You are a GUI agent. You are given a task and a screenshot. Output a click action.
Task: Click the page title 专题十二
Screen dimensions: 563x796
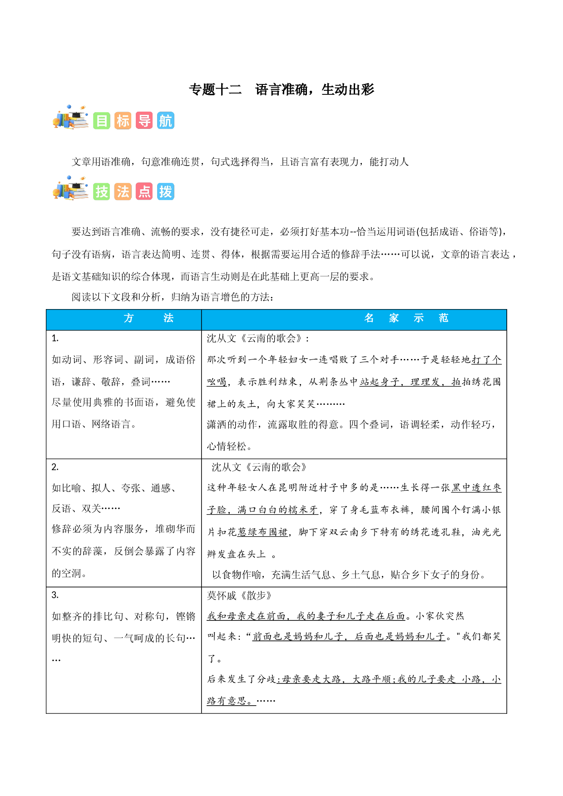pyautogui.click(x=215, y=89)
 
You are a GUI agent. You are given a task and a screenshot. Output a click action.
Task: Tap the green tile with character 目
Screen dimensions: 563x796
pyautogui.click(x=102, y=121)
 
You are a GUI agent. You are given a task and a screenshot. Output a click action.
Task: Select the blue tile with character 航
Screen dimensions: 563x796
pyautogui.click(x=166, y=121)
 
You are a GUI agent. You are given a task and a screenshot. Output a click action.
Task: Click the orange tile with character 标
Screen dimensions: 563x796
pyautogui.click(x=123, y=121)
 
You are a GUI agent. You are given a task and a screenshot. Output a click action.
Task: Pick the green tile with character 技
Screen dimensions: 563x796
pyautogui.click(x=102, y=192)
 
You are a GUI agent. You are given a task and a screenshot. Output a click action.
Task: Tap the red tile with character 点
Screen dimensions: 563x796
pyautogui.click(x=144, y=192)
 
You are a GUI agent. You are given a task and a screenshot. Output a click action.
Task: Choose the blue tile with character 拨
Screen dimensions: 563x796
pyautogui.click(x=166, y=192)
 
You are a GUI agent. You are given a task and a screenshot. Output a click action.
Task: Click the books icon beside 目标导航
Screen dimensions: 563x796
pyautogui.click(x=70, y=118)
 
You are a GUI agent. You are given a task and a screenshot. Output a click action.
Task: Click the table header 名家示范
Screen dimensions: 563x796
pyautogui.click(x=406, y=318)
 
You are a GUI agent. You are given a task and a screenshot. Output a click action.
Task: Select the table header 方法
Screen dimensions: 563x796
pyautogui.click(x=148, y=318)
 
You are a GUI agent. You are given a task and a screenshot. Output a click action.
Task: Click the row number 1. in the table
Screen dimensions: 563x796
pyautogui.click(x=55, y=338)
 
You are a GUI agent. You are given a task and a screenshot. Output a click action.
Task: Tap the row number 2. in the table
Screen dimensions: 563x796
pyautogui.click(x=55, y=467)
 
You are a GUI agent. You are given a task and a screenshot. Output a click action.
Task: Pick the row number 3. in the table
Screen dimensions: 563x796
pyautogui.click(x=55, y=595)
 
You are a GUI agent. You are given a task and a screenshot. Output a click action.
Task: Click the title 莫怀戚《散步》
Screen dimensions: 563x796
pyautogui.click(x=239, y=595)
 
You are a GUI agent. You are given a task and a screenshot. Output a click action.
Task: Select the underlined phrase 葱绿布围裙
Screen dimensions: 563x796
pyautogui.click(x=262, y=532)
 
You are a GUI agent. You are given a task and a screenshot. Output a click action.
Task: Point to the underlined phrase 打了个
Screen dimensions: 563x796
pyautogui.click(x=487, y=359)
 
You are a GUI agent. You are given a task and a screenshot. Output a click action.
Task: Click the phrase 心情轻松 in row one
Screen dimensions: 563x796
pyautogui.click(x=227, y=446)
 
